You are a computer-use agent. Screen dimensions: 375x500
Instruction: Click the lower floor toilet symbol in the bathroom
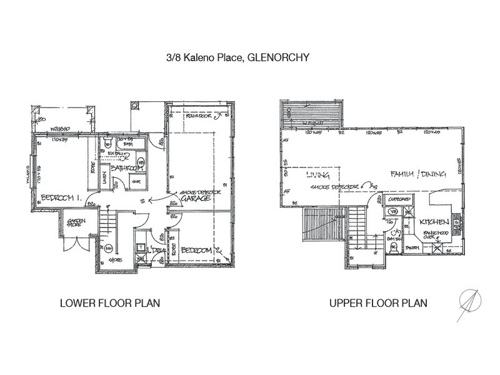click(108, 143)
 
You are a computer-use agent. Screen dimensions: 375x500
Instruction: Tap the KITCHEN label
click(432, 222)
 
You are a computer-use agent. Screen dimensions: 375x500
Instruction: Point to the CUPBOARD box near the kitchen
click(395, 201)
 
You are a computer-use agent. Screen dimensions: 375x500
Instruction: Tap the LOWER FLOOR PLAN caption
click(109, 303)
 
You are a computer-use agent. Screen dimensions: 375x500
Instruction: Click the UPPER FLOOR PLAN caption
click(378, 303)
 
